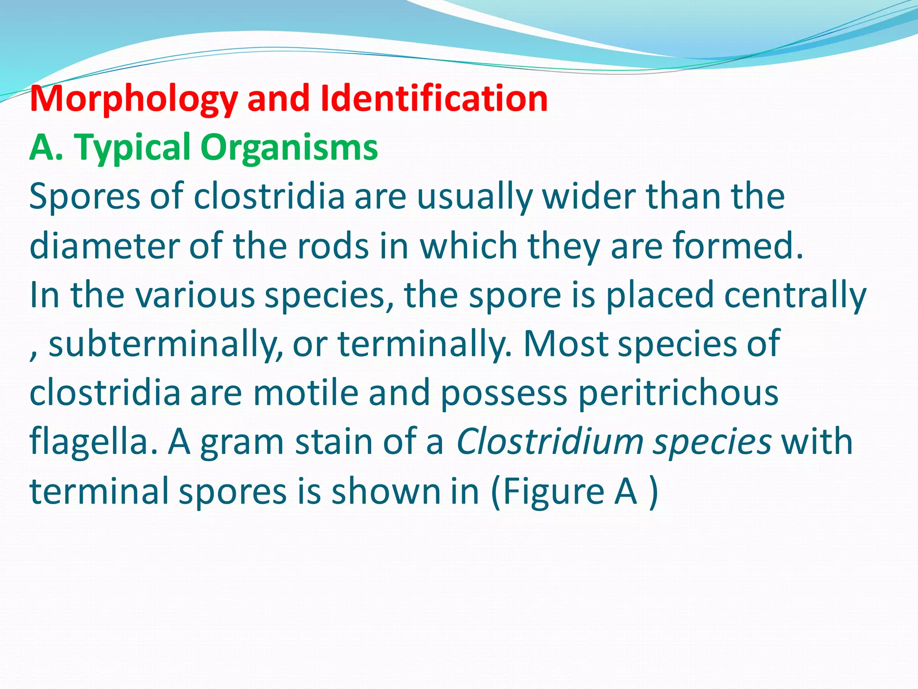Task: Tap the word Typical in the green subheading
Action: (x=132, y=148)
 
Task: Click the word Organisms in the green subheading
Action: (x=289, y=148)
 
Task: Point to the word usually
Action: (x=475, y=197)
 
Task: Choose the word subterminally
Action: (x=165, y=344)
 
